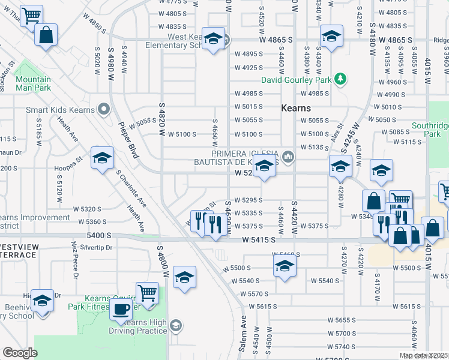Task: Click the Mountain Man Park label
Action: pos(33,83)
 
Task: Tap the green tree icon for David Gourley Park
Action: pos(340,79)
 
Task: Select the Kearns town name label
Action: pos(296,109)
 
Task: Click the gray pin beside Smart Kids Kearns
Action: pos(103,110)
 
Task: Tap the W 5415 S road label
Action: pos(259,239)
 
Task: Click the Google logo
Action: pos(20,353)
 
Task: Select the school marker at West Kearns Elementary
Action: pos(213,39)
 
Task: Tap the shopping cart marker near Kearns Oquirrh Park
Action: pos(146,293)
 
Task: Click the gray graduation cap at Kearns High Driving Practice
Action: pos(175,326)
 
